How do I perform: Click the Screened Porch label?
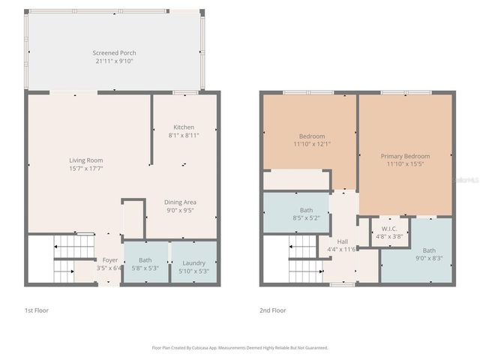(x=114, y=52)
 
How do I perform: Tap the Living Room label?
(x=85, y=160)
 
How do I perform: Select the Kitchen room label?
(x=184, y=127)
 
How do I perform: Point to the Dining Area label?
(x=180, y=202)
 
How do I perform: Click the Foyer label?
(x=109, y=259)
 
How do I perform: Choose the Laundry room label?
(x=193, y=262)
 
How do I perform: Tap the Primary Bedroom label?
(x=405, y=155)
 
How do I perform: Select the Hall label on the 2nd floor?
(x=343, y=241)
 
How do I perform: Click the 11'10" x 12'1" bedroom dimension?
(x=308, y=144)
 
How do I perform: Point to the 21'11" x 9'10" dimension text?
(x=114, y=61)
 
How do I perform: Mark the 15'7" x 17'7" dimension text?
(x=85, y=168)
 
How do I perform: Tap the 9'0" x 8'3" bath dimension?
(x=429, y=259)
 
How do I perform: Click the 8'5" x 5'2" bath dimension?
(x=306, y=218)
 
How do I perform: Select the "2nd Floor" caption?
(x=273, y=309)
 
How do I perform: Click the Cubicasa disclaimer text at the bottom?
(x=240, y=348)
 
